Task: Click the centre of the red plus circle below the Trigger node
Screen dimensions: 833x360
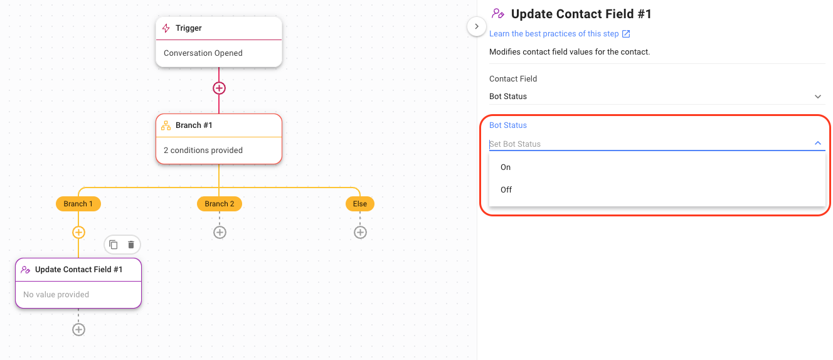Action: tap(219, 88)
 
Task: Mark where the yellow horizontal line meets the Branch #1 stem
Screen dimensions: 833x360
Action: tap(219, 187)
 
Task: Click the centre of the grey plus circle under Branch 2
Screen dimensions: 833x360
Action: tap(220, 233)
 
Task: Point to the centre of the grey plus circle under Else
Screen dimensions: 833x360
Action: tap(360, 233)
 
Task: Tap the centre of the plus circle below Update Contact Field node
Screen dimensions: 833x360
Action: tap(78, 329)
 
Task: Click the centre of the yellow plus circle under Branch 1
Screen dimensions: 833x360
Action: tap(78, 233)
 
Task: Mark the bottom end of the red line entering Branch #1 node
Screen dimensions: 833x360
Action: tap(219, 114)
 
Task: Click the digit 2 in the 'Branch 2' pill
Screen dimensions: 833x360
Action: tap(232, 204)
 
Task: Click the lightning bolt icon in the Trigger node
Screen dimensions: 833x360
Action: tap(166, 28)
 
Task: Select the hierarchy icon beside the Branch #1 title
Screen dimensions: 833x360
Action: tap(166, 125)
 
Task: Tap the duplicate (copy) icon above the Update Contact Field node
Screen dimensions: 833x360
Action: tap(114, 245)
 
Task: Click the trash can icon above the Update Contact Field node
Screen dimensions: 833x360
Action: tap(131, 245)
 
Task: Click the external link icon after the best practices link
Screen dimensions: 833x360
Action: tap(626, 34)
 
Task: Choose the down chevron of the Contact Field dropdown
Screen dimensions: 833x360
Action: tap(818, 97)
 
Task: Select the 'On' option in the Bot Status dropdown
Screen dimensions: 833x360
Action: tap(506, 167)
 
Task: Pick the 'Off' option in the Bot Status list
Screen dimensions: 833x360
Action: tap(506, 189)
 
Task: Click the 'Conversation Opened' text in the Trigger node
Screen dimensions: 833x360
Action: tap(203, 53)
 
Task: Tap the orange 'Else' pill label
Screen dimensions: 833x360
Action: tap(360, 204)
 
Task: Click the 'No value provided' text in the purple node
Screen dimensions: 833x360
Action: tap(56, 295)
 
